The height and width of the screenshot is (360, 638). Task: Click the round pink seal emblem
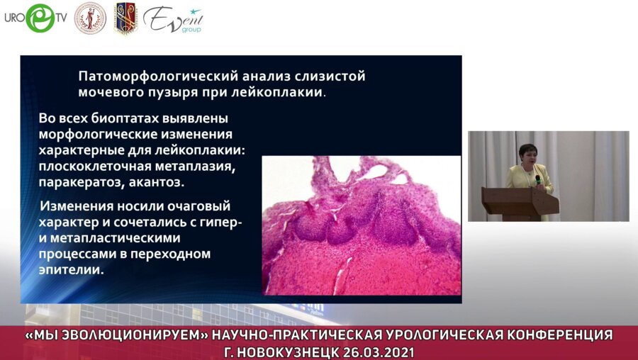[90, 18]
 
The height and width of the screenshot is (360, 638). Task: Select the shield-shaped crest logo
[125, 18]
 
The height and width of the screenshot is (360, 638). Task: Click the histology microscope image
[361, 225]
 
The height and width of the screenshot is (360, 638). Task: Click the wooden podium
[520, 202]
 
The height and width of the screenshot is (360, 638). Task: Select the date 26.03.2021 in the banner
[380, 351]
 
